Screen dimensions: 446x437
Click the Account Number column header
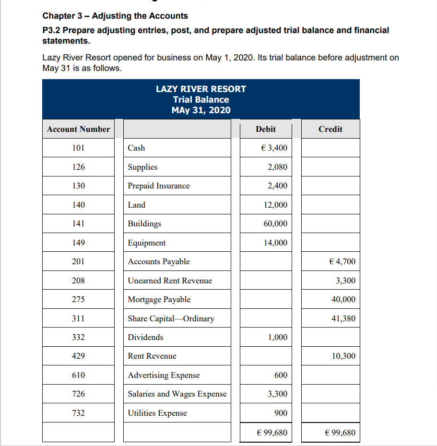click(x=79, y=129)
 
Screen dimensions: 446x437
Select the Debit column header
click(x=266, y=129)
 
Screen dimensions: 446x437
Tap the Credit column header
click(x=331, y=129)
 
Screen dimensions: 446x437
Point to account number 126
click(x=79, y=167)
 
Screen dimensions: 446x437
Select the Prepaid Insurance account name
click(x=159, y=186)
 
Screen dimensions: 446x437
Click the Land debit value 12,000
click(x=276, y=205)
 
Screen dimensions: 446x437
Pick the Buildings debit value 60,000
click(x=276, y=223)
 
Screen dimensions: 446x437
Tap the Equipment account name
click(x=147, y=243)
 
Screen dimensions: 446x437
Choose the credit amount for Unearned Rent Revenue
click(x=346, y=281)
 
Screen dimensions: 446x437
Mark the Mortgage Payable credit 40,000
click(x=343, y=299)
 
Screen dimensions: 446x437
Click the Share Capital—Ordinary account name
click(x=171, y=318)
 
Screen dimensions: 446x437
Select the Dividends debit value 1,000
click(x=278, y=337)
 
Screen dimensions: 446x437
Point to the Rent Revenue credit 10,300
click(x=343, y=356)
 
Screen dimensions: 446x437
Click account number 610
click(x=79, y=375)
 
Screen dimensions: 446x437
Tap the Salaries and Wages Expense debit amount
click(x=278, y=394)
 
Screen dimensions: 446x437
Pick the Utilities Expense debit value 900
click(x=281, y=413)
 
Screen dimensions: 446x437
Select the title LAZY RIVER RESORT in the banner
click(x=201, y=89)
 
